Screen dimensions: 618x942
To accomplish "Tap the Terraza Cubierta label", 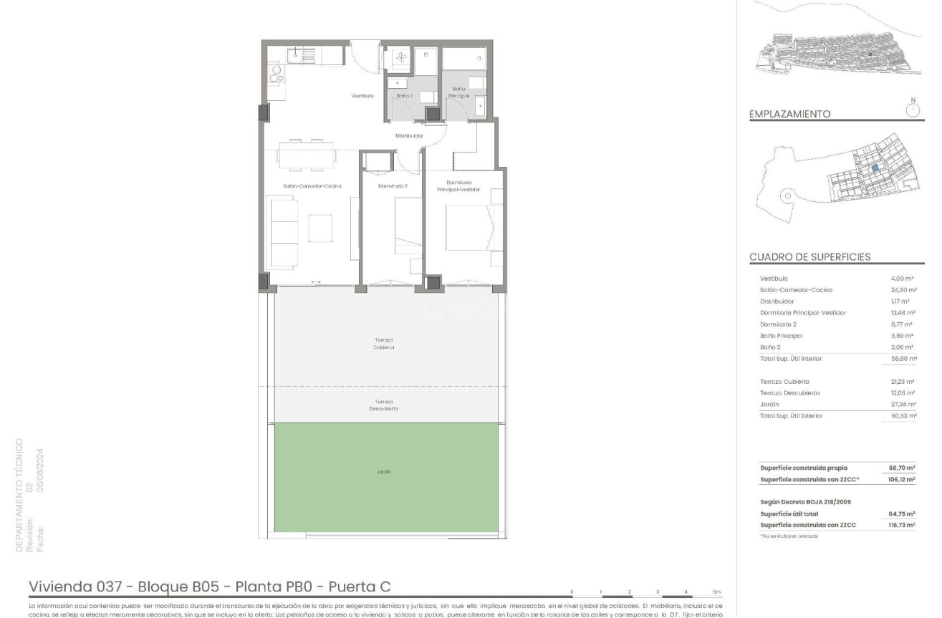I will (x=383, y=344).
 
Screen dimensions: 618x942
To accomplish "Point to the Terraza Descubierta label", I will (x=383, y=405).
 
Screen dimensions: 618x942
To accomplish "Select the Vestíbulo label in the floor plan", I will (x=362, y=96).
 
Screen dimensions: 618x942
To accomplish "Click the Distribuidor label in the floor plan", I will (x=410, y=135).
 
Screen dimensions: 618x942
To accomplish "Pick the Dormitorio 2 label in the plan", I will (x=393, y=186).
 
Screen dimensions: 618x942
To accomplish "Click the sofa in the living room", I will (x=283, y=232).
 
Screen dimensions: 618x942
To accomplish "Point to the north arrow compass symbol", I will (x=913, y=110).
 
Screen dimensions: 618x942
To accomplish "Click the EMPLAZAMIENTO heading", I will (x=789, y=114).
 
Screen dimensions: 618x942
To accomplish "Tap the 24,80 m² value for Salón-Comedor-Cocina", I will (x=904, y=290).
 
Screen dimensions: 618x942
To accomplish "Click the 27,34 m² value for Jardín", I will (x=904, y=405).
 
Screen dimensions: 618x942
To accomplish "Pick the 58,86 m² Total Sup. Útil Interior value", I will (x=904, y=359).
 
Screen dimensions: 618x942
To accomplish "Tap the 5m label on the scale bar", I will (x=716, y=592).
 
